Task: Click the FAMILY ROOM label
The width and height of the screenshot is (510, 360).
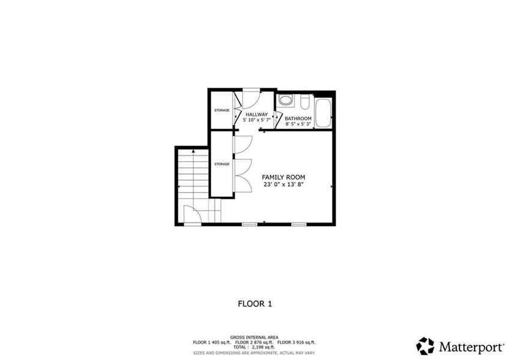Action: [x=284, y=178]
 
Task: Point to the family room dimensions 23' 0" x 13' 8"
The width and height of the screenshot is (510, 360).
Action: [x=284, y=185]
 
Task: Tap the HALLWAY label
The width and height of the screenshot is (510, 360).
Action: [x=256, y=114]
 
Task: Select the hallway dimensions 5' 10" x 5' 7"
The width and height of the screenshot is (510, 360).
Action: [x=257, y=120]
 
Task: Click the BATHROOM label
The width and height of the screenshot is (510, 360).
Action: [x=298, y=118]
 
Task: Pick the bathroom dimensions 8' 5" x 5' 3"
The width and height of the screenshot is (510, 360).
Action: [x=298, y=124]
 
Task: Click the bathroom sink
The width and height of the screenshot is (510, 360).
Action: [x=286, y=100]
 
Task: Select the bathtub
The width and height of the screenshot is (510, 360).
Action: [x=323, y=113]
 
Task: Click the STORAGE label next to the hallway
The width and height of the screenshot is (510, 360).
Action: [x=222, y=110]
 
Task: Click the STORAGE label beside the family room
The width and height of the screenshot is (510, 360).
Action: [x=222, y=163]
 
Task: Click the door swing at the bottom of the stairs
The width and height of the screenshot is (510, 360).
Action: [x=191, y=214]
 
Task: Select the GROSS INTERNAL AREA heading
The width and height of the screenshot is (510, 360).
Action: [x=253, y=337]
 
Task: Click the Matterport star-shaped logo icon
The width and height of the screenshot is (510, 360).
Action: [x=425, y=346]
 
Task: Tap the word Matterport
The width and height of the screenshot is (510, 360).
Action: [x=467, y=346]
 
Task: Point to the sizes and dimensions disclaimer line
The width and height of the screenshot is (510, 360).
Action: [x=253, y=353]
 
